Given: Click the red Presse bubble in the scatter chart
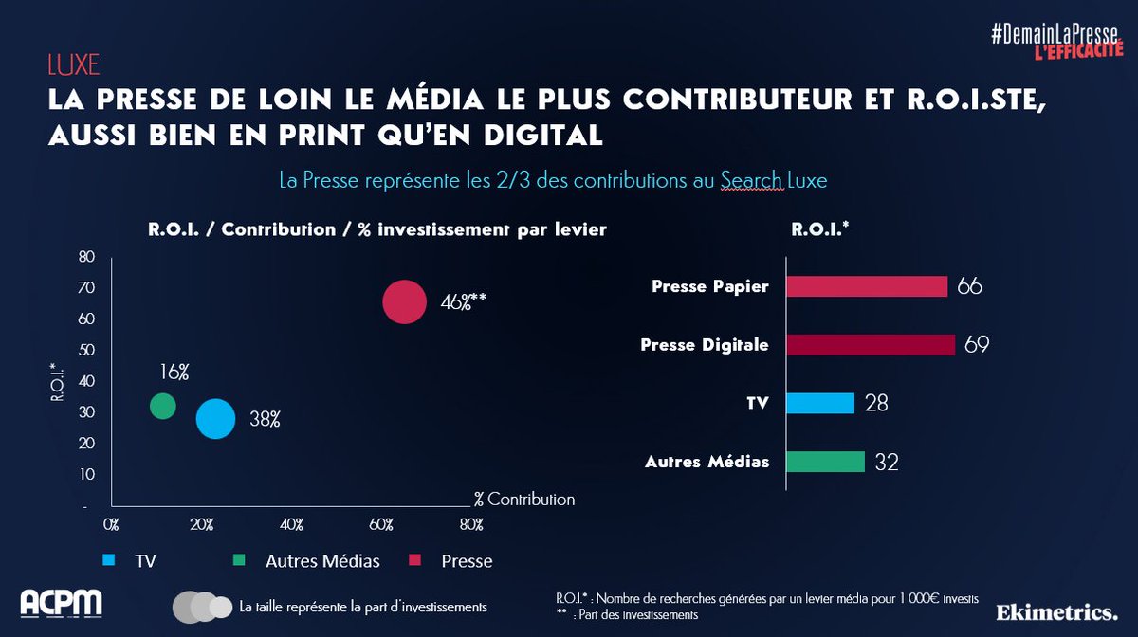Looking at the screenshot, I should tap(403, 301).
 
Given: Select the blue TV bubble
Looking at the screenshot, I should tap(215, 419).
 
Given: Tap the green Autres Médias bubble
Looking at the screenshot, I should tap(163, 406).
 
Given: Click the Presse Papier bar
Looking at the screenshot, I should tap(867, 286).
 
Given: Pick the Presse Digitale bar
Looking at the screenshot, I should tap(870, 345).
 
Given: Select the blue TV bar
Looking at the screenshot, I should tap(820, 403).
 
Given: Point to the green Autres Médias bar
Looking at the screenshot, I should tap(825, 462).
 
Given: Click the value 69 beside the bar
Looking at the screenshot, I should tap(977, 345).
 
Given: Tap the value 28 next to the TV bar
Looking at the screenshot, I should tap(876, 404).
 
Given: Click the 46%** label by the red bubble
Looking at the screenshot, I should tap(463, 303).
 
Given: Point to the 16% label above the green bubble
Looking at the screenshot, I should tap(174, 372).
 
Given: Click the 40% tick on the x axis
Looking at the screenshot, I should tap(291, 524).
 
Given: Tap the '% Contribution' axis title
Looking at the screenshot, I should tap(524, 499).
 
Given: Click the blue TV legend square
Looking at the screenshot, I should tap(109, 561).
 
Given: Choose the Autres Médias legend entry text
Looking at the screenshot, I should tap(322, 561).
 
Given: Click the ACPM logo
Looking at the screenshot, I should tap(62, 604).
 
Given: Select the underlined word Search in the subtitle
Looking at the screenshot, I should tap(751, 179).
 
